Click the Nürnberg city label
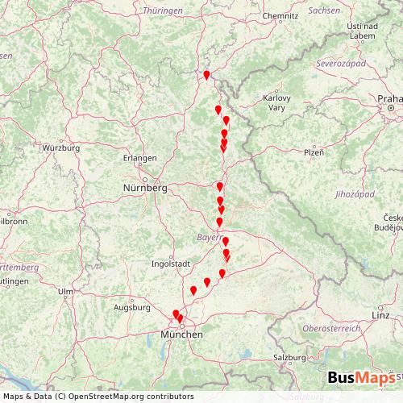pyautogui.click(x=145, y=188)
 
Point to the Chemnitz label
pyautogui.click(x=280, y=14)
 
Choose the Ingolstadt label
pyautogui.click(x=170, y=263)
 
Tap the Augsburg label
pyautogui.click(x=133, y=307)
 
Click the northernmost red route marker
pyautogui.click(x=206, y=75)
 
